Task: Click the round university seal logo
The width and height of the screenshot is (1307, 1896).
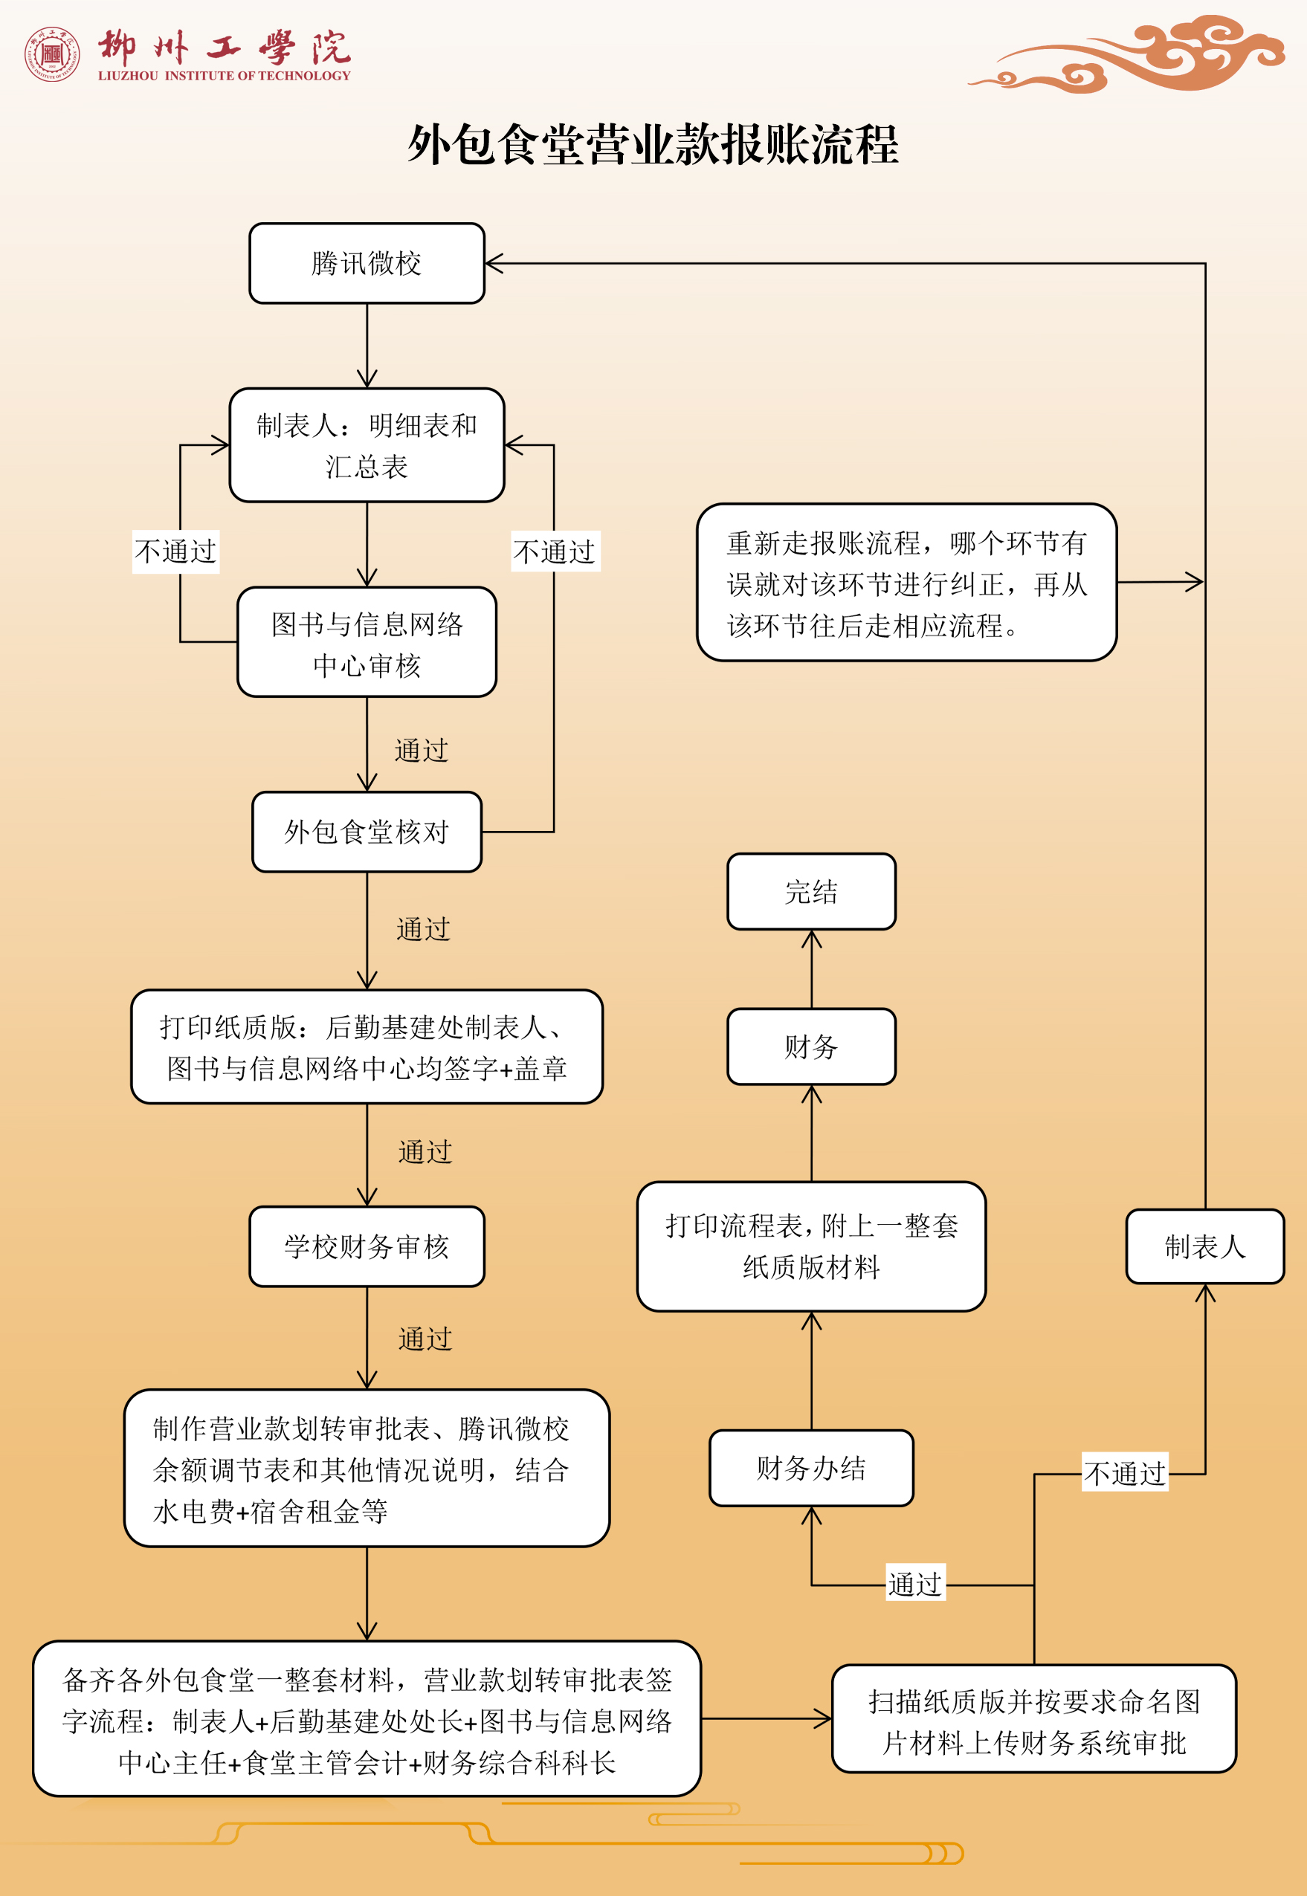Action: click(51, 54)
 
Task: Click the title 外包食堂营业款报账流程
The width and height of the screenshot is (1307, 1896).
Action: click(653, 145)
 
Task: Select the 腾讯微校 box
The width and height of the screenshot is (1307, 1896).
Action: click(367, 264)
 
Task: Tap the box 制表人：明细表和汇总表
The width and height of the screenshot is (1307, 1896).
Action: click(367, 445)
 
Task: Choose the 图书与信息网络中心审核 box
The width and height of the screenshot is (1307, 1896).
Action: click(367, 643)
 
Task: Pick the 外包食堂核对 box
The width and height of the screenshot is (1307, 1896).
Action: click(367, 832)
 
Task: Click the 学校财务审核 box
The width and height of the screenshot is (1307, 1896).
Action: click(367, 1246)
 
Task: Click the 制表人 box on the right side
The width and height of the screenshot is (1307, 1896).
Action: click(1204, 1246)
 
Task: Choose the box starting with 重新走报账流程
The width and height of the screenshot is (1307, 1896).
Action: click(906, 583)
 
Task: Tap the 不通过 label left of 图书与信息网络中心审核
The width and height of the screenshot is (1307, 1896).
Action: click(176, 551)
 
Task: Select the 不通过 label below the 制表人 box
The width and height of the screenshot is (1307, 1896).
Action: click(1124, 1474)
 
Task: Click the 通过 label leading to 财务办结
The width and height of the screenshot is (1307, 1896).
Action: click(914, 1584)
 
